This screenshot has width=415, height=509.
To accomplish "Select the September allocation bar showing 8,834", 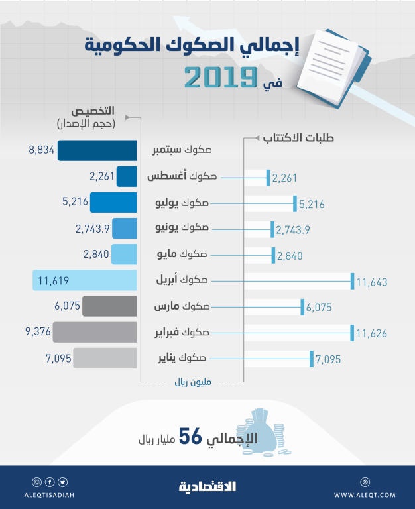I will (97, 150).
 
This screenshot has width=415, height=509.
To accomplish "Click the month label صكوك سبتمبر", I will (181, 150).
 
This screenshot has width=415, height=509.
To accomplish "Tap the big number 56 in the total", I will (190, 438).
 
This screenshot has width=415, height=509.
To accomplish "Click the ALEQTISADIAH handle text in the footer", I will (52, 494).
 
